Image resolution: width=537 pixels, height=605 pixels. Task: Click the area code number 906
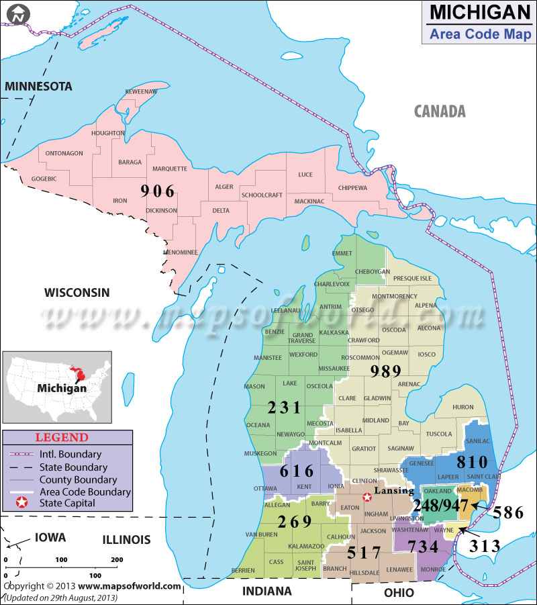[x=158, y=191]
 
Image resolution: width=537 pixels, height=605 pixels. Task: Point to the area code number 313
[x=485, y=545]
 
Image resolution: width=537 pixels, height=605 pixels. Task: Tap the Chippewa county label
[x=352, y=187]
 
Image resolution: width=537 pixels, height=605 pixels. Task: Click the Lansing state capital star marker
[x=367, y=498]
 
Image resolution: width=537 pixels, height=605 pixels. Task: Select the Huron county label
[x=462, y=407]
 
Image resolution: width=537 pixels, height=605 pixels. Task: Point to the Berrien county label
[x=242, y=570]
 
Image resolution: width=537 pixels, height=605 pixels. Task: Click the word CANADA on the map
[x=439, y=111]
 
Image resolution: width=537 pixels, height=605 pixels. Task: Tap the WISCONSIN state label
[x=77, y=292]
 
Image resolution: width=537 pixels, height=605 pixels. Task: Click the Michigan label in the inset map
[x=61, y=388]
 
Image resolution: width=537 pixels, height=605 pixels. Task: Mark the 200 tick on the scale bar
[x=116, y=559]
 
